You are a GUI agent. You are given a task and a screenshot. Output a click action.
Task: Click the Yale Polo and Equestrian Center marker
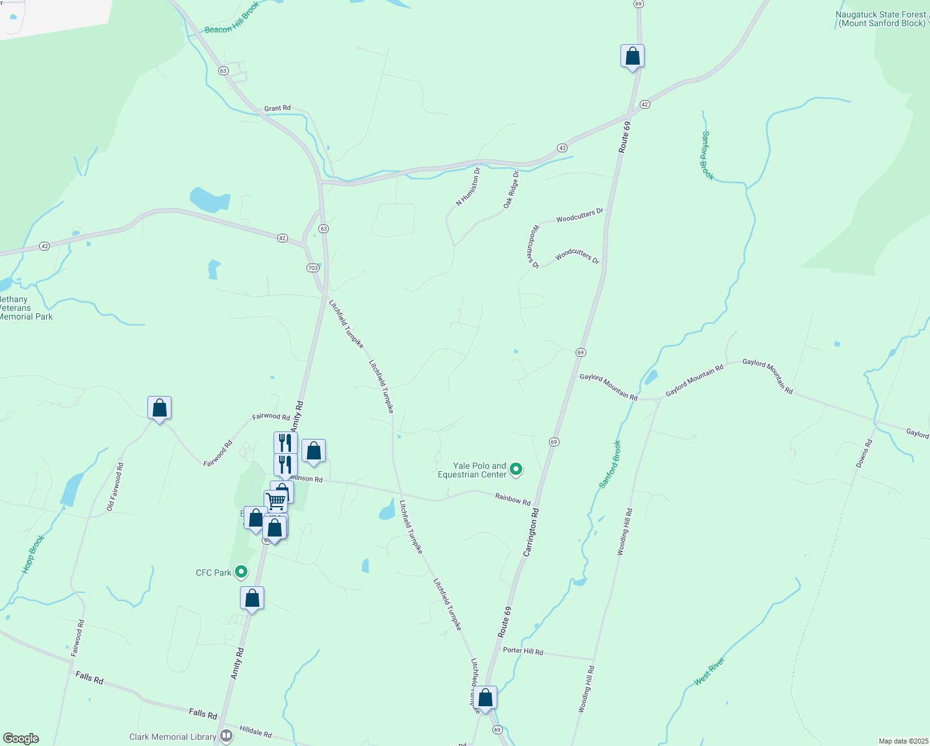point(515,469)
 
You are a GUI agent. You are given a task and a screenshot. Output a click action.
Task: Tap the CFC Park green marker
point(241,573)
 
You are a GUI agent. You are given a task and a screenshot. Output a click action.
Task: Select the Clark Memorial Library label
point(173,737)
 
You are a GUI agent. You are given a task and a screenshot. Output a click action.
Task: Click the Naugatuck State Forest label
point(882,19)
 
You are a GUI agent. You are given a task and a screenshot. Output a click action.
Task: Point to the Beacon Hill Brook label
point(232,18)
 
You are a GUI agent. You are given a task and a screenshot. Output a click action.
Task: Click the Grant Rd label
point(277,108)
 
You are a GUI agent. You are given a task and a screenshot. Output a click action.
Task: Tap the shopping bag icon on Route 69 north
point(632,57)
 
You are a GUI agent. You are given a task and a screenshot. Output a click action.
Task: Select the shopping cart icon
point(275,500)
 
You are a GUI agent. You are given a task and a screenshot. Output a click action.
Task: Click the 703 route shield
point(313,268)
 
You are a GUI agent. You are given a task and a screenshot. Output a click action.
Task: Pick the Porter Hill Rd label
point(523,651)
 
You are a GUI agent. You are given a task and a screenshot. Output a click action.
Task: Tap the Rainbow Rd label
point(513,499)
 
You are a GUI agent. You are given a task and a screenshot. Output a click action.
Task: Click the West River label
point(709,671)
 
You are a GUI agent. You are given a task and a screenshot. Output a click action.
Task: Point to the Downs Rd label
point(864,453)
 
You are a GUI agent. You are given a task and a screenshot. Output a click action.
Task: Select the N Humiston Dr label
point(468,186)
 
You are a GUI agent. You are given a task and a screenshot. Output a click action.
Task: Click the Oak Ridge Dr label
point(510,189)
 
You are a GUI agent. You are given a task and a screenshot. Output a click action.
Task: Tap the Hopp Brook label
point(34,553)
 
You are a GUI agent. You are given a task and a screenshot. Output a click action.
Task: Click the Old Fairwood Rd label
point(115,487)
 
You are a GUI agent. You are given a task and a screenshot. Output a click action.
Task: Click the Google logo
point(21,738)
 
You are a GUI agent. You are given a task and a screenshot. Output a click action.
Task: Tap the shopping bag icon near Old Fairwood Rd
point(159,408)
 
